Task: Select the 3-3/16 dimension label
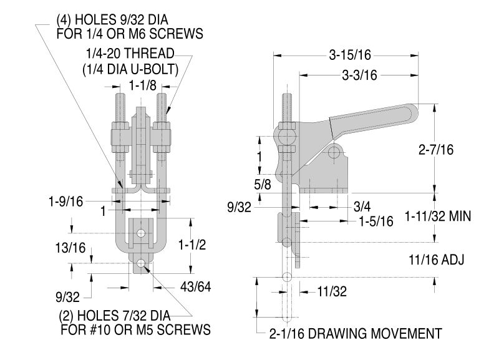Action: coord(359,74)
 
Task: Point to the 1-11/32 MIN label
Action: coord(437,216)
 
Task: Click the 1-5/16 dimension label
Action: coord(375,221)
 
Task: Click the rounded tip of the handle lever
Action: coord(411,113)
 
